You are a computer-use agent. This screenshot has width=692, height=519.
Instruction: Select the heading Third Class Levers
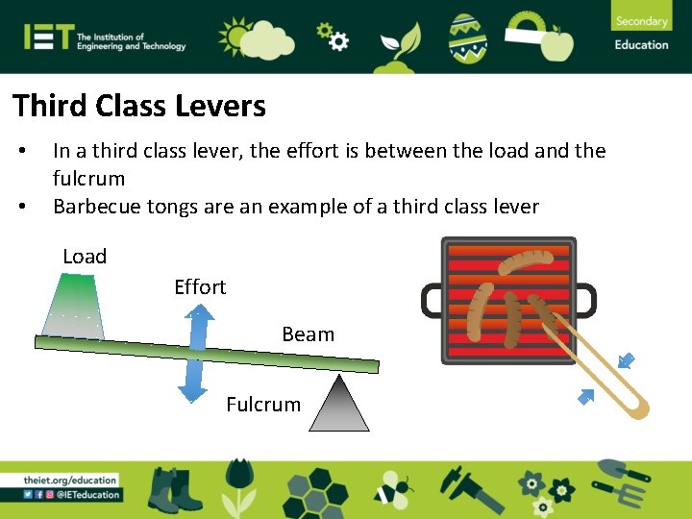coord(138,106)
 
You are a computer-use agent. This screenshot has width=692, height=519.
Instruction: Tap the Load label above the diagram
coord(85,257)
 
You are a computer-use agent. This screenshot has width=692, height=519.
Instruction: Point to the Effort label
coord(200,286)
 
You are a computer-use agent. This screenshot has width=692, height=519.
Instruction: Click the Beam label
coord(308,334)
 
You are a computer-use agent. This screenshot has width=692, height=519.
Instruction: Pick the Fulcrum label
coord(263,405)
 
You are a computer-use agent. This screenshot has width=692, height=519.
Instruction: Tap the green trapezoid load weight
coord(75,306)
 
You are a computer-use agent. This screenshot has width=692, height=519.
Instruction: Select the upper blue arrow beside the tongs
coord(627,360)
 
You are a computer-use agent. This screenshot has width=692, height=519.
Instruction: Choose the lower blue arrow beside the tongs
coord(585,395)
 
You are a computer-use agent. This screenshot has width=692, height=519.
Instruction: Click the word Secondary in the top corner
coord(641,21)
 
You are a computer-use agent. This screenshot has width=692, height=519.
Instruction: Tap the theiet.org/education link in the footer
coord(71,480)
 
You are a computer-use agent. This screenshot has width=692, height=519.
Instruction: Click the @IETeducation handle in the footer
coord(87,495)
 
